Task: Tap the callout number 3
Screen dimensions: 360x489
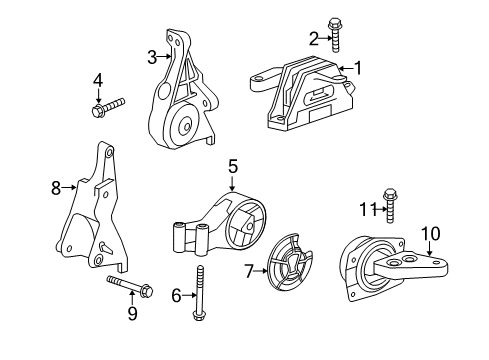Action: point(152,57)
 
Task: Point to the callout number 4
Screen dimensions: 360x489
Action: point(98,78)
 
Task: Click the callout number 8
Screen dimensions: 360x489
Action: point(56,186)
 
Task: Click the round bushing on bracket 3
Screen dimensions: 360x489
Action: point(183,126)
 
